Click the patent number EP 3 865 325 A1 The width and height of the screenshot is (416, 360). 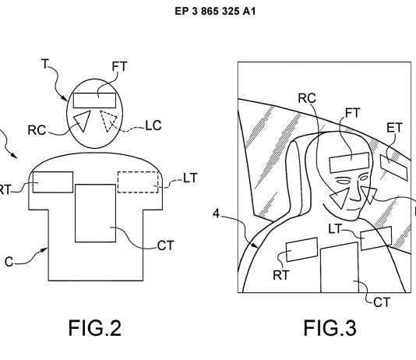215,11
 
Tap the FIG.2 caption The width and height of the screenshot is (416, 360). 95,328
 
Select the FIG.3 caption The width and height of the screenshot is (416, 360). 330,328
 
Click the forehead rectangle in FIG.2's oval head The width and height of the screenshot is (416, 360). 94,101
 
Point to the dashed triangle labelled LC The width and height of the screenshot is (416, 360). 108,121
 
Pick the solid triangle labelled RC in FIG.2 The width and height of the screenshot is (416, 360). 83,121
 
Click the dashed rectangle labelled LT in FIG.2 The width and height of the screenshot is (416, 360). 138,182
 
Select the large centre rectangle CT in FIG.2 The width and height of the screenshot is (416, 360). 96,213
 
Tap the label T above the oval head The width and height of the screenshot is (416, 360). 45,64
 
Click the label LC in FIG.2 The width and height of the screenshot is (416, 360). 153,125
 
